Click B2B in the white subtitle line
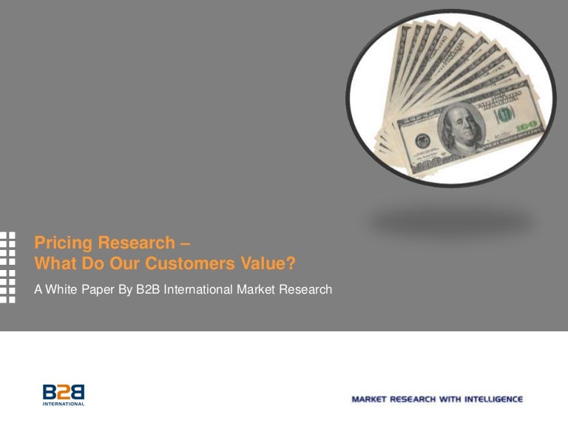coord(148,288)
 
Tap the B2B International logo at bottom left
coord(64,394)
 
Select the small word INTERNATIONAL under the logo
coord(64,404)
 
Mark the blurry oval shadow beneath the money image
coord(451,221)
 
